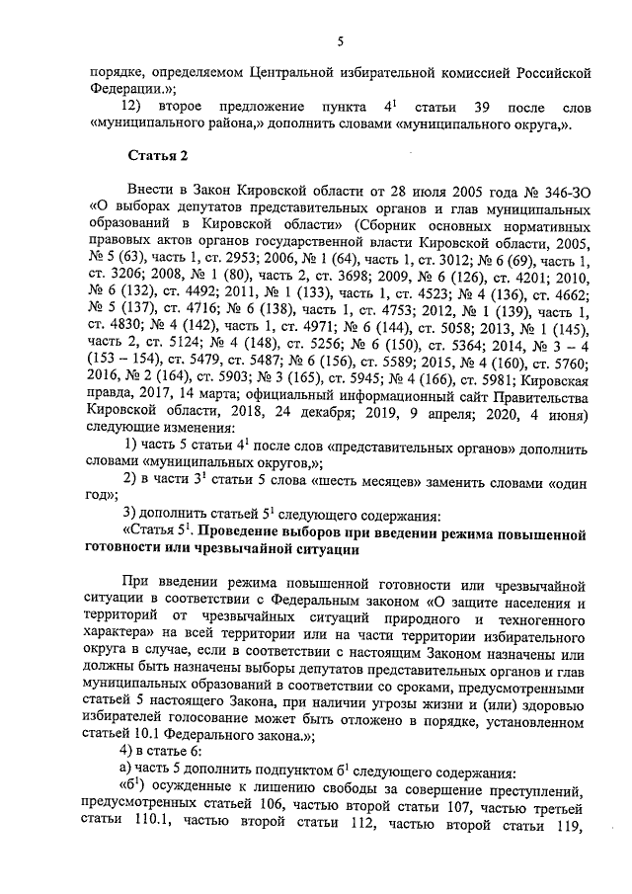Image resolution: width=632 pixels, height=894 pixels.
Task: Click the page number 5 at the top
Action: (x=339, y=41)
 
